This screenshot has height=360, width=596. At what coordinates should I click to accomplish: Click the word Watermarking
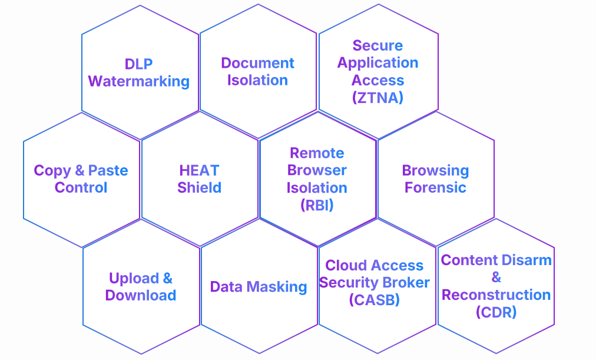(139, 81)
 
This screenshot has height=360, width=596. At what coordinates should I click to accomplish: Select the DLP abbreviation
(139, 64)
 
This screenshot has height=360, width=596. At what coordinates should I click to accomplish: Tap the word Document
(257, 63)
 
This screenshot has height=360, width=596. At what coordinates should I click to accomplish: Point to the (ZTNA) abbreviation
(378, 98)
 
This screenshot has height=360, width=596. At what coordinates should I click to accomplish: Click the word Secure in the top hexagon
(378, 45)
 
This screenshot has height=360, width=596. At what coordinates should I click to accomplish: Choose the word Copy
(52, 171)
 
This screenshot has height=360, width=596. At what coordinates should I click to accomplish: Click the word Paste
(108, 171)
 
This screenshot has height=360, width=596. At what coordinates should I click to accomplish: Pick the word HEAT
(199, 171)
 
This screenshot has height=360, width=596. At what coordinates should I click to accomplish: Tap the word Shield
(199, 188)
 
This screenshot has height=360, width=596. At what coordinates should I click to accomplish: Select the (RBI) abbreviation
(317, 206)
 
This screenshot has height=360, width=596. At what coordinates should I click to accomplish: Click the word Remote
(317, 153)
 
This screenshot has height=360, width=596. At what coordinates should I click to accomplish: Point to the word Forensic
(435, 188)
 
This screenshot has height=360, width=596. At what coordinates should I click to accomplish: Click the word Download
(140, 295)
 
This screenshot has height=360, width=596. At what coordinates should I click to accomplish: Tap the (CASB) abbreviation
(374, 300)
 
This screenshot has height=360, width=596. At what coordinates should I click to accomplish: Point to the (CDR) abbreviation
(496, 312)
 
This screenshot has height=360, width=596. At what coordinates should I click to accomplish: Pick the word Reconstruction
(496, 295)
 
